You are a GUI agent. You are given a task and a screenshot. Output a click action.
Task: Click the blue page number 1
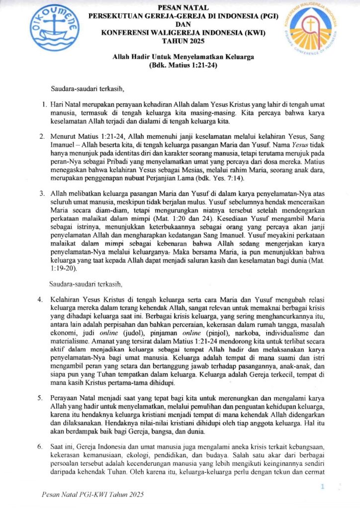(322, 472)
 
